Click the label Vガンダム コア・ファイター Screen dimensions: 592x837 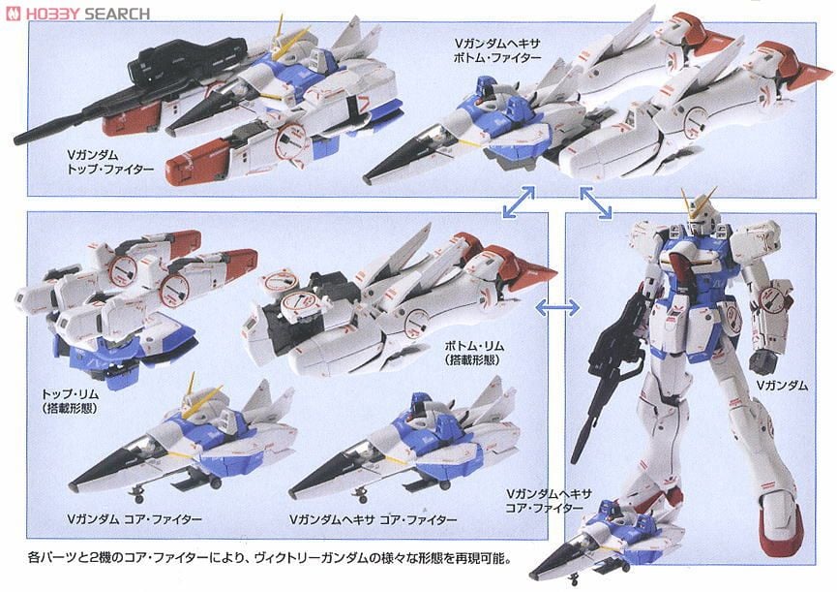pos(135,518)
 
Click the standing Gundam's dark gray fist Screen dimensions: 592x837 pos(762,360)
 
